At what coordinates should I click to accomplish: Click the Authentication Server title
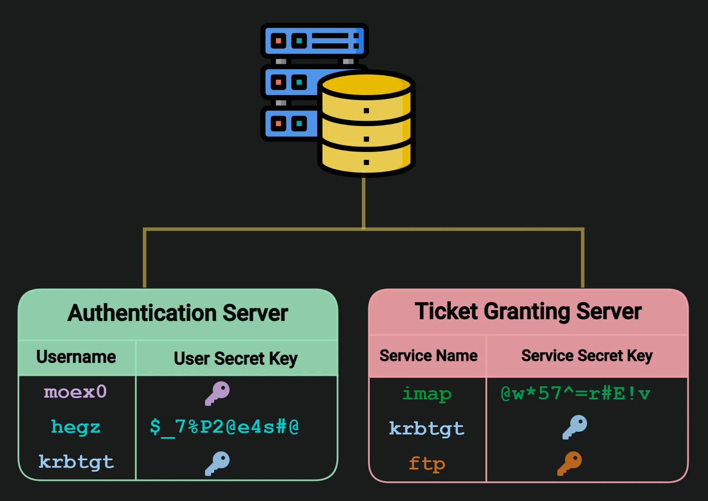[x=177, y=314]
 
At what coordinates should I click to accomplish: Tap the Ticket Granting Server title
[x=528, y=312]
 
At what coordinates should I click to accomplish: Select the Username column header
[x=76, y=357]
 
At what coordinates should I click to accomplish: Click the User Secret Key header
[x=236, y=359]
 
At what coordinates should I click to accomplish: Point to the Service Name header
[x=428, y=356]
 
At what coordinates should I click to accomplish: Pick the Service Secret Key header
[x=587, y=356]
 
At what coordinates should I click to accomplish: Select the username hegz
[x=75, y=427]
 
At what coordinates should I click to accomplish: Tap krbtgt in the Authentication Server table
[x=76, y=462]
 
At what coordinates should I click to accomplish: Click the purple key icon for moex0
[x=217, y=393]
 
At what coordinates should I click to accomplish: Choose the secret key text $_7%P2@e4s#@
[x=224, y=427]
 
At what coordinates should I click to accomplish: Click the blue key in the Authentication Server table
[x=217, y=463]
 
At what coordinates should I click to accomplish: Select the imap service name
[x=427, y=394]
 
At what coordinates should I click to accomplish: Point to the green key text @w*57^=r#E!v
[x=575, y=394]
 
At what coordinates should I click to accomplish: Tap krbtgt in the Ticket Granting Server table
[x=427, y=429]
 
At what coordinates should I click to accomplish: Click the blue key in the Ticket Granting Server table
[x=575, y=427]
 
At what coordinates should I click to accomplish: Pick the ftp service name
[x=427, y=464]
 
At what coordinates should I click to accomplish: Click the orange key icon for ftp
[x=570, y=463]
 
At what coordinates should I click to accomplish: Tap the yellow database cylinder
[x=366, y=127]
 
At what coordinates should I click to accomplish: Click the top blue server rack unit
[x=314, y=41]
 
